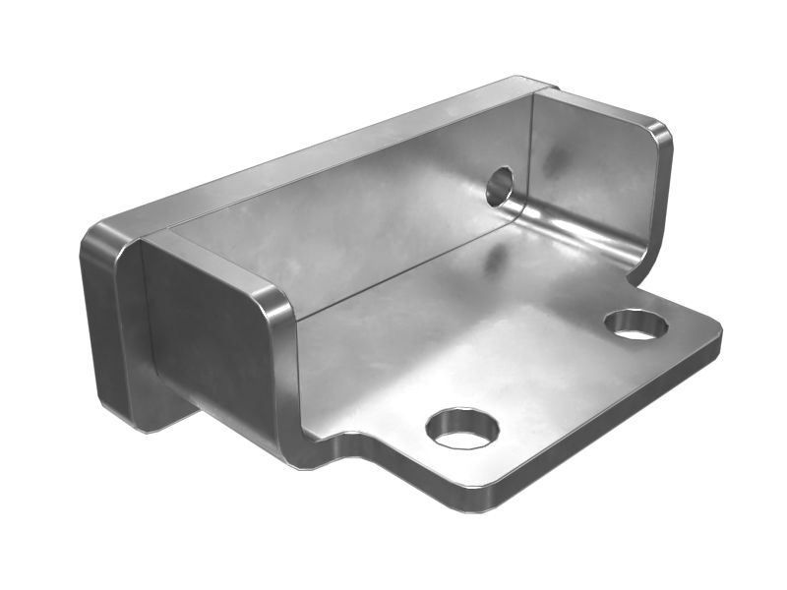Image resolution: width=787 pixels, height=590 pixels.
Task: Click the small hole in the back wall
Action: tap(500, 185)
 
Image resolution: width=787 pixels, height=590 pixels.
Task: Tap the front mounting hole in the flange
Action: tap(461, 428)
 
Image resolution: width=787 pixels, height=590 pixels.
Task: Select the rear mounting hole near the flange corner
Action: tap(636, 324)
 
